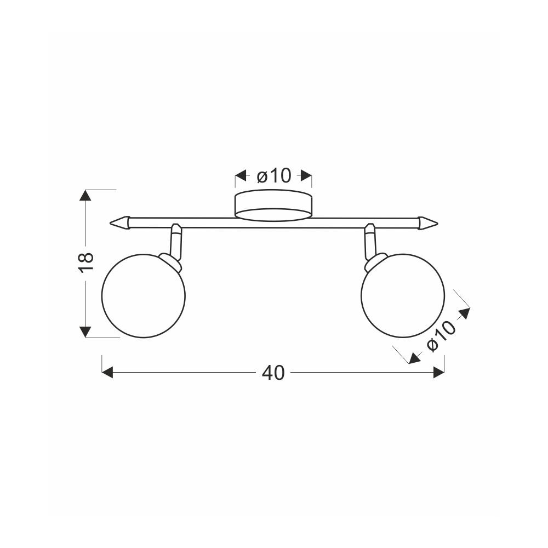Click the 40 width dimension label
coord(273,373)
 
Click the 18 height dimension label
coord(86,262)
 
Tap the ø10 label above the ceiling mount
coord(273,175)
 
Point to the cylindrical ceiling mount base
coord(273,206)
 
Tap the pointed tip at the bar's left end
coord(111,222)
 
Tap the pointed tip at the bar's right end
coord(438,222)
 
